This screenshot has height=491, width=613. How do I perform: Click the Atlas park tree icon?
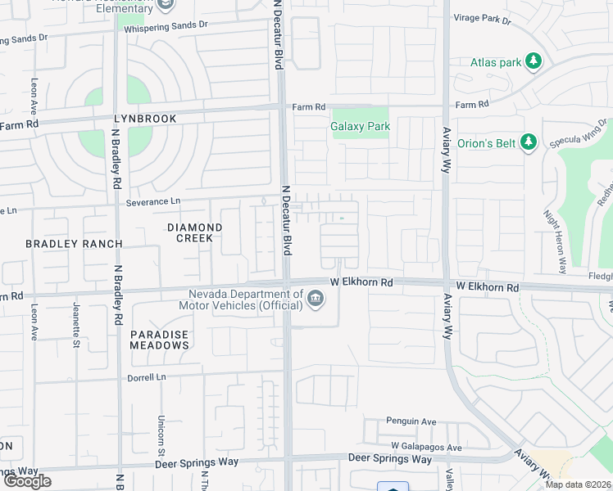point(534,61)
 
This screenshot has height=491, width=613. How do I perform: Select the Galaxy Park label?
point(360,127)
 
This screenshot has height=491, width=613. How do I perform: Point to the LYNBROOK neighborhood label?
point(145,119)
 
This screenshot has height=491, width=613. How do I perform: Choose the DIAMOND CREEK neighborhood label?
point(195,232)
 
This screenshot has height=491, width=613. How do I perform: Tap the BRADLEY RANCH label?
point(74,244)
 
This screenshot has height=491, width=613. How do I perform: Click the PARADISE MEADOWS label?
point(159,340)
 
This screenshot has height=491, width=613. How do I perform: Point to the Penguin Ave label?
point(411,422)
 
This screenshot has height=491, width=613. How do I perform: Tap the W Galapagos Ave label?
point(426,447)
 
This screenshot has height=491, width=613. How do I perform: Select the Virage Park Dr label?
point(482,19)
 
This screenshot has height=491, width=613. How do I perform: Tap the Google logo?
point(27,481)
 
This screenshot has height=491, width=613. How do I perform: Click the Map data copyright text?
point(579,484)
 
